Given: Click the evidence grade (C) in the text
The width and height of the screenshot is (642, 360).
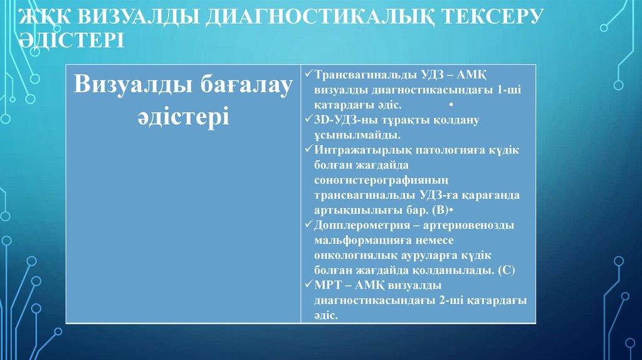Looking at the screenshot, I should (x=506, y=271).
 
